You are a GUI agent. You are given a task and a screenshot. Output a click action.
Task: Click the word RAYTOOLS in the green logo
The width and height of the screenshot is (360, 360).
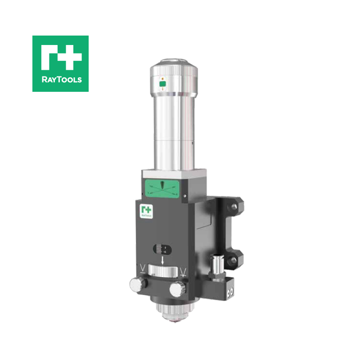[60, 80]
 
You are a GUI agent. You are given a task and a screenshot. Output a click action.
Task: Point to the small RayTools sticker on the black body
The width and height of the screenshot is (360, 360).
[147, 211]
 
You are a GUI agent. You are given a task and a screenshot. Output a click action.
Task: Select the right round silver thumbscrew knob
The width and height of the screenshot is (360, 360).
[177, 287]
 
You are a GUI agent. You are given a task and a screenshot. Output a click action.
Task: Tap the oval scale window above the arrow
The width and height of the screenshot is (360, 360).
[162, 249]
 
